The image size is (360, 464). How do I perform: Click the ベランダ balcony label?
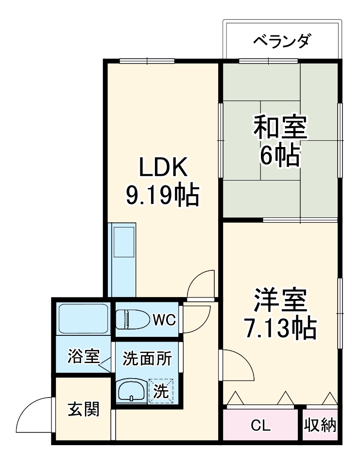tap(281, 41)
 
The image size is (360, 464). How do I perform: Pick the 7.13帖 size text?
tap(280, 330)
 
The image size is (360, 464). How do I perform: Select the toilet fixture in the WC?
tap(132, 319)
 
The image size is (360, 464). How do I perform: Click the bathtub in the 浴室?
tap(83, 318)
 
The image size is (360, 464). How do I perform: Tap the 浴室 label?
tap(83, 357)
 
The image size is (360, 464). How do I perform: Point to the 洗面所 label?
tap(147, 359)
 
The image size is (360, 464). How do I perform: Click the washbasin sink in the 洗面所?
tap(131, 389)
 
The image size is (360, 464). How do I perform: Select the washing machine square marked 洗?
tap(161, 390)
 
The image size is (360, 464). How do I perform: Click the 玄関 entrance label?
tap(83, 410)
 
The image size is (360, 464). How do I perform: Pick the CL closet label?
tap(260, 426)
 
